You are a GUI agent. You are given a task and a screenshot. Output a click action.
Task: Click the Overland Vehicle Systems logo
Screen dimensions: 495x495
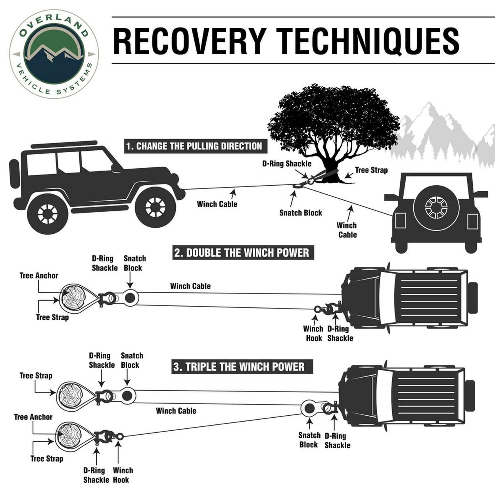tap(54, 54)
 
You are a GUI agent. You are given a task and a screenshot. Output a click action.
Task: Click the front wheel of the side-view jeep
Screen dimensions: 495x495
tap(155, 207)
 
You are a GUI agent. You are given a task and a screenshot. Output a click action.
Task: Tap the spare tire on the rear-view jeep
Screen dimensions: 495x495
tap(436, 207)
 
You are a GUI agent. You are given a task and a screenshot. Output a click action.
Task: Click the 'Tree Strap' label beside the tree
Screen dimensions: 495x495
tap(371, 170)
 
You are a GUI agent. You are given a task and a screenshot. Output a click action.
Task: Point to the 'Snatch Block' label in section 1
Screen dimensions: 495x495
tap(301, 213)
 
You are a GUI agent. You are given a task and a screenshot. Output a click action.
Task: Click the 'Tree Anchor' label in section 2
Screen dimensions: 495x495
tap(39, 276)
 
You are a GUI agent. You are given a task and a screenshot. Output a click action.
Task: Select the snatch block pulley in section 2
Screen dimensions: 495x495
tap(130, 297)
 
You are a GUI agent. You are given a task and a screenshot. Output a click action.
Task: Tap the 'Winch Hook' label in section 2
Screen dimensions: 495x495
tap(313, 333)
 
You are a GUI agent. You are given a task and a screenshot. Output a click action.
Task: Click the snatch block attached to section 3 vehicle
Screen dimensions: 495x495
tap(309, 408)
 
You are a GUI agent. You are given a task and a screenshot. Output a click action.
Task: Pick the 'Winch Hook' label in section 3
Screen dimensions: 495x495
tap(123, 475)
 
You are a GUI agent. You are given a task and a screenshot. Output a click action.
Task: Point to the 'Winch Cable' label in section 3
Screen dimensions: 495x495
tap(176, 411)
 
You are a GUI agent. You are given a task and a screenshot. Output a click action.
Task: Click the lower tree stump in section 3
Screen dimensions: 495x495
tap(69, 436)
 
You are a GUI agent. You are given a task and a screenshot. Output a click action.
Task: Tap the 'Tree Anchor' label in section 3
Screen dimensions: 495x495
tap(33, 417)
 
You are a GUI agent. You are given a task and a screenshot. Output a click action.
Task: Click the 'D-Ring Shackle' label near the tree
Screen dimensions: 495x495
tap(287, 164)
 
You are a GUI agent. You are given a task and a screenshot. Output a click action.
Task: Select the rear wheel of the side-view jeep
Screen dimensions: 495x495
tap(48, 213)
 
